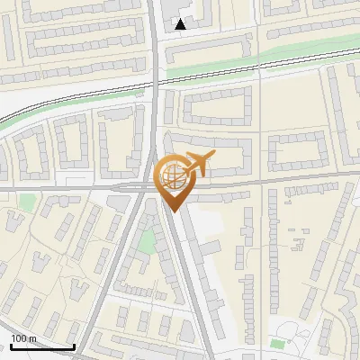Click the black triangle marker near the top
[x=181, y=24]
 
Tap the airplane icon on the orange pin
[x=197, y=164]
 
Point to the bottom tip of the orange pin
[x=171, y=211]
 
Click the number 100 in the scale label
[x=18, y=338]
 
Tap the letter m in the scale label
[x=32, y=338]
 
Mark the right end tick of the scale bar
[x=74, y=346]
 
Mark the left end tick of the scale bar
[x=11, y=346]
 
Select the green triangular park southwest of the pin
[x=146, y=241]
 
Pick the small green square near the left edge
[x=28, y=201]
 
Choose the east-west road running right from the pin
[x=270, y=183]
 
